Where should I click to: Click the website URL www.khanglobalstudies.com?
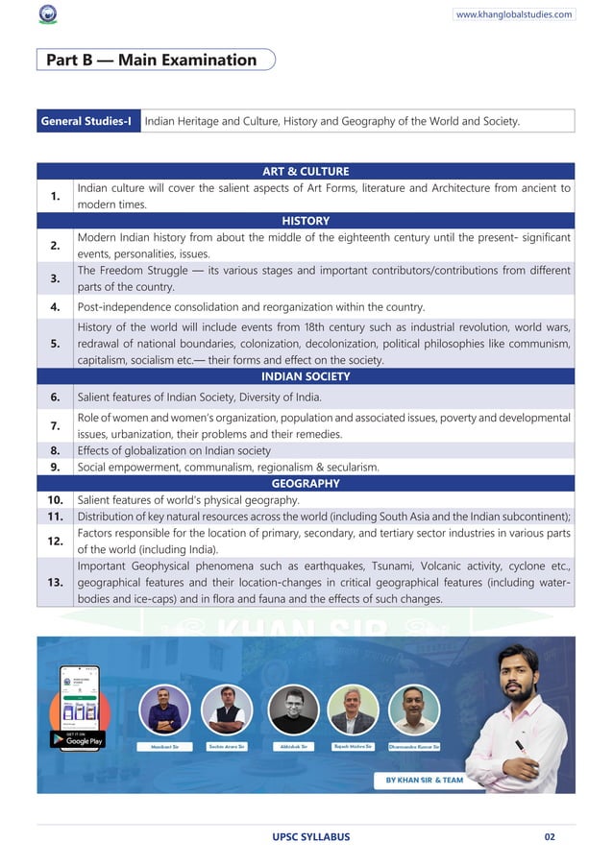coord(514,14)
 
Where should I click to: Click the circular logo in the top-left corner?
coord(47,15)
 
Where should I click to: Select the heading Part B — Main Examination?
coord(152,60)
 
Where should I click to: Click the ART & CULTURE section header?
coord(306,171)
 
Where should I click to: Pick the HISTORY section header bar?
coord(306,221)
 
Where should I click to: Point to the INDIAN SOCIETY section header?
coord(306,376)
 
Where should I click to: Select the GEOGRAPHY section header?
coord(306,483)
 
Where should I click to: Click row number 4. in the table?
coord(56,307)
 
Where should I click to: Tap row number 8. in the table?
coord(56,450)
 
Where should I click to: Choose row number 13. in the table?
coord(56,582)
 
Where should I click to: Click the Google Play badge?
coord(78,740)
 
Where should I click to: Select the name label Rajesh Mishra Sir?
coord(352,746)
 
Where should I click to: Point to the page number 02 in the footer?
coord(550,836)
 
